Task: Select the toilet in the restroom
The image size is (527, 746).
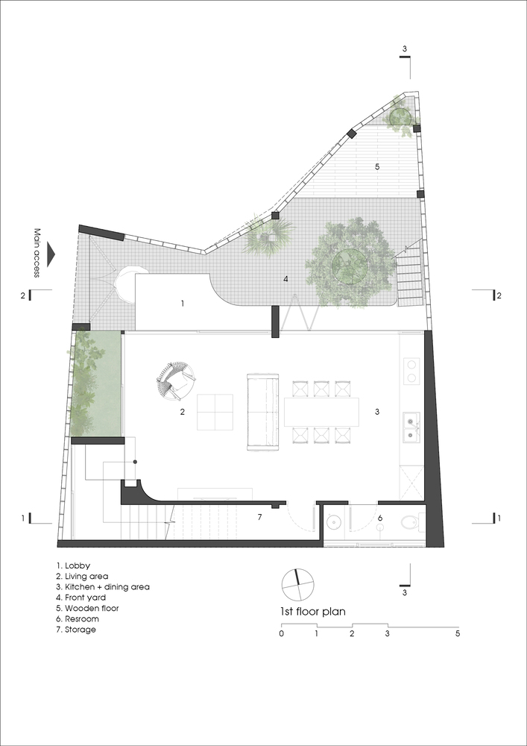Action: click(x=410, y=524)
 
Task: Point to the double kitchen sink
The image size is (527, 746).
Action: click(x=411, y=427)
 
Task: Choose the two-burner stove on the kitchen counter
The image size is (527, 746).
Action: click(x=411, y=372)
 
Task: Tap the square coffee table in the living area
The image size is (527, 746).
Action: click(x=215, y=412)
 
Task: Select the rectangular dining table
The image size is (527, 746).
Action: click(x=321, y=412)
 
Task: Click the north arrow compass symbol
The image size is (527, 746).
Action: click(x=298, y=585)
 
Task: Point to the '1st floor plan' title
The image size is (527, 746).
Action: click(x=316, y=612)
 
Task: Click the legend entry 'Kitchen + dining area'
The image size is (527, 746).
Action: click(x=103, y=586)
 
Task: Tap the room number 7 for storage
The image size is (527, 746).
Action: click(x=259, y=517)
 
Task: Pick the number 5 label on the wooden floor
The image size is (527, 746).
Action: click(x=377, y=166)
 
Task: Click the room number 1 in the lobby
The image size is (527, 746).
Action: click(x=183, y=303)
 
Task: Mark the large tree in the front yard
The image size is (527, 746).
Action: click(x=350, y=263)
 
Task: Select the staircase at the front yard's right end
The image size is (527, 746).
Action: click(x=409, y=275)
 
